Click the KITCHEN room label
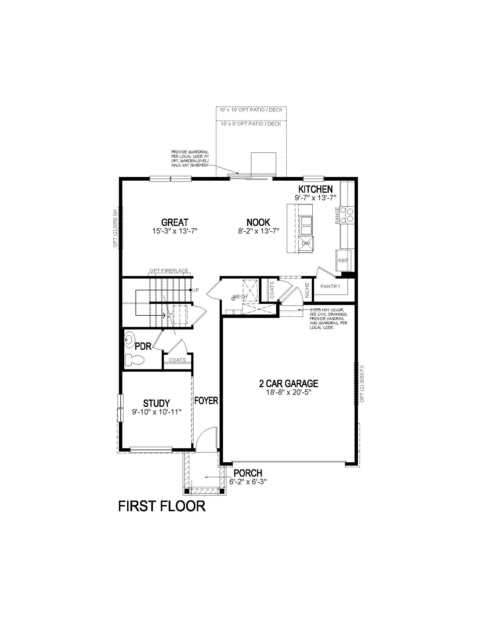(x=315, y=189)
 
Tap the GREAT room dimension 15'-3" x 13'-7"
(x=175, y=231)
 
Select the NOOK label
(x=258, y=222)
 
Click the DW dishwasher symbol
(x=306, y=243)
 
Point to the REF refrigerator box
(x=343, y=260)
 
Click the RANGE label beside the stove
(x=337, y=216)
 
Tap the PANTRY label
(x=330, y=286)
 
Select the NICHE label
(x=307, y=290)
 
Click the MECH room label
(x=240, y=297)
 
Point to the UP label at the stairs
(x=196, y=290)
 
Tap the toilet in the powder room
(x=135, y=360)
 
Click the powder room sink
(x=130, y=340)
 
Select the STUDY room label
(x=156, y=403)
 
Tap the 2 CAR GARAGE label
(x=288, y=383)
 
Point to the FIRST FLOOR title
(x=162, y=506)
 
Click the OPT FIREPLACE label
(x=169, y=271)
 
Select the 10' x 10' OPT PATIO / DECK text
(x=251, y=110)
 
